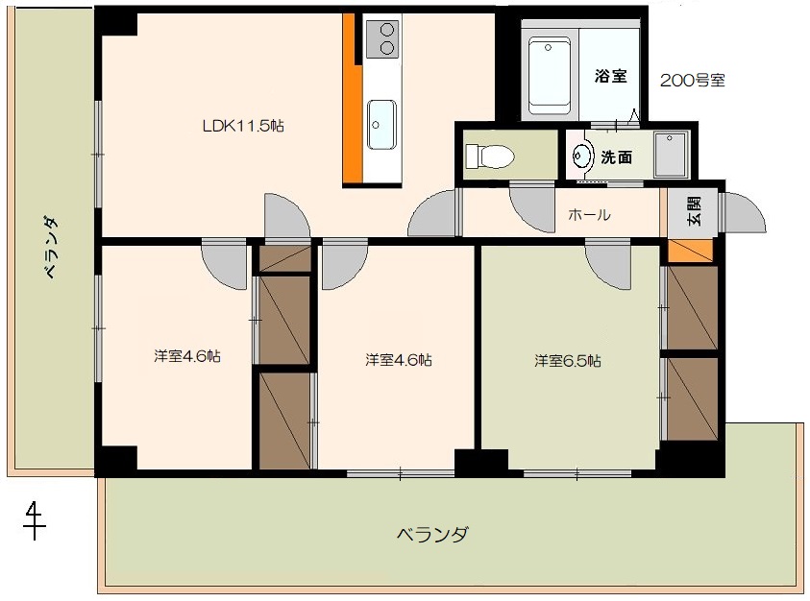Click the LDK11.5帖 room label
point(243,126)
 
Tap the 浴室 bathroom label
point(610,76)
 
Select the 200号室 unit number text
point(693,80)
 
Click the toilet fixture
point(490,156)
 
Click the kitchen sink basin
point(381,125)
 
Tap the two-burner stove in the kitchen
point(382,39)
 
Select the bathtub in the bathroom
point(550,76)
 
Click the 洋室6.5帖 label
point(567,360)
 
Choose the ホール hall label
point(589,214)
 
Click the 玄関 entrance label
point(695,210)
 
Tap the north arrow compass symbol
point(34,520)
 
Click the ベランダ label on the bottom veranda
point(432,534)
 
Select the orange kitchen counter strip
point(352,98)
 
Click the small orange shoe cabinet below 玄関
point(690,251)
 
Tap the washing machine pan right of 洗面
point(671,155)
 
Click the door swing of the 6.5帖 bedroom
point(608,264)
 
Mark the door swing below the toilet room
point(532,208)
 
